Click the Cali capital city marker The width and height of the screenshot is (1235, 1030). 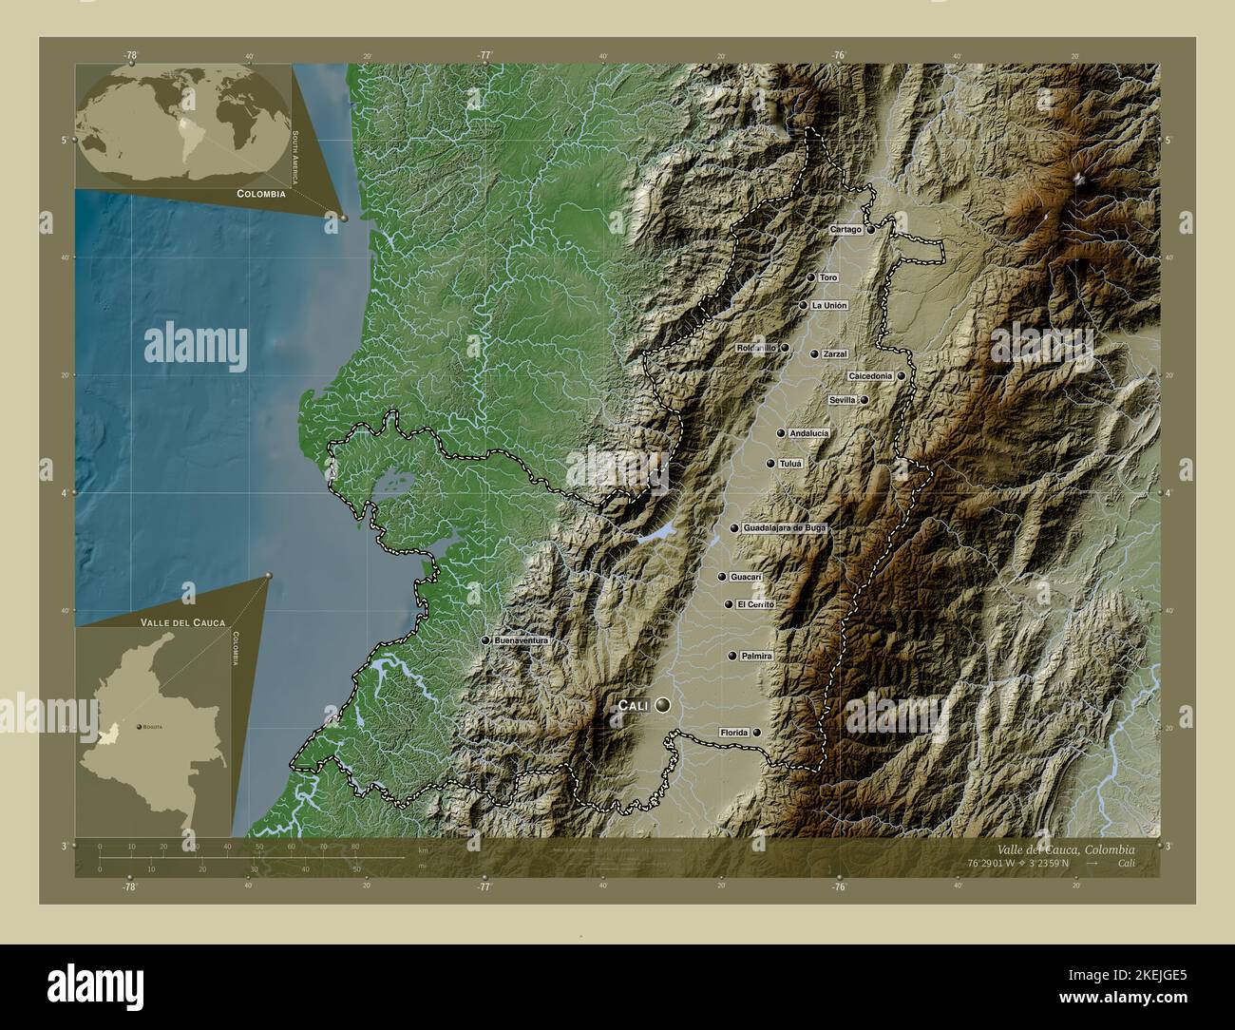point(661,705)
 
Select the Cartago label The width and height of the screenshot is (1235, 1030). point(845,230)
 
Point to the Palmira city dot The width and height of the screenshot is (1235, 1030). point(732,656)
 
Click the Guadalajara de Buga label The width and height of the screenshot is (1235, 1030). point(785,527)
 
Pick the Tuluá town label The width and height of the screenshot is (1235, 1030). point(790,464)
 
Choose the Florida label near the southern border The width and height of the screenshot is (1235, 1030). point(734,733)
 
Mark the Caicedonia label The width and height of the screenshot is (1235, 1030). point(870,375)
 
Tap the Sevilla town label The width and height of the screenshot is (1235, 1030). point(843,400)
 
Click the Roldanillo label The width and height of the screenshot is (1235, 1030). point(757,348)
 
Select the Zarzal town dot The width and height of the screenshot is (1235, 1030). point(814,353)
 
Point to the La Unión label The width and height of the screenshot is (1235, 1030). point(828,305)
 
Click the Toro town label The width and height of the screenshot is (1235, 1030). point(828,277)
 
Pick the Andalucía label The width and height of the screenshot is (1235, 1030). point(808,433)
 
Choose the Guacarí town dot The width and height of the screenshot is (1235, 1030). point(722,577)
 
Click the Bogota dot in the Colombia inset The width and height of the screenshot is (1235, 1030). point(142,726)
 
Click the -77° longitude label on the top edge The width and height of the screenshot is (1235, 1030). point(484,55)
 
